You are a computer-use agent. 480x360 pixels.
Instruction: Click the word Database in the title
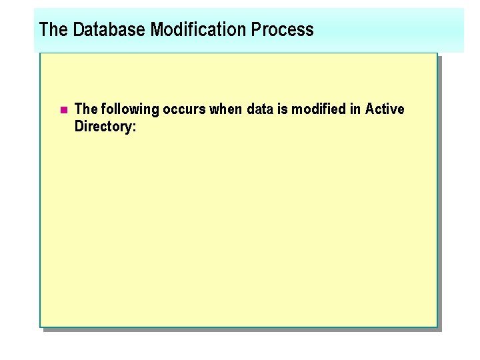point(109,29)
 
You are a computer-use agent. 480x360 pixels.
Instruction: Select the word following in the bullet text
point(129,109)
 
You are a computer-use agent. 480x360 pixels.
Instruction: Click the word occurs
point(185,109)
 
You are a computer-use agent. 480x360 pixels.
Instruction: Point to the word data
point(260,109)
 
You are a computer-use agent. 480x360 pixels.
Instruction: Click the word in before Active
point(355,109)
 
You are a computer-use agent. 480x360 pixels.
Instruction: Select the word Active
point(385,109)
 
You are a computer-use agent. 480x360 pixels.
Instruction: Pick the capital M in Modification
point(157,29)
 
